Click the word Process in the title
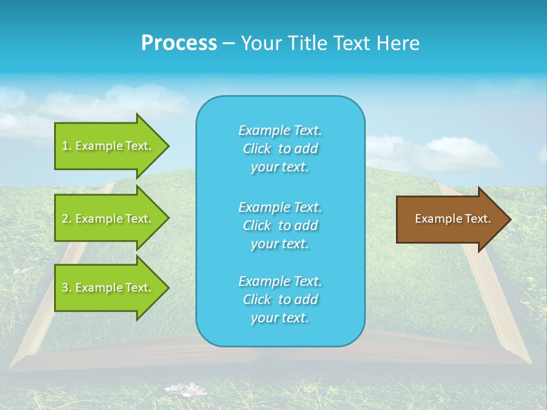(x=179, y=43)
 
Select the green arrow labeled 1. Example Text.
(x=108, y=146)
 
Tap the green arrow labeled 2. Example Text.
(x=108, y=219)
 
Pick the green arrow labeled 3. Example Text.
(x=108, y=288)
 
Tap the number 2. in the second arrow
(x=66, y=219)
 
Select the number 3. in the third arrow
(x=66, y=288)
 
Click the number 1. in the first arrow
(x=66, y=146)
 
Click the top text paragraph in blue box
(x=280, y=149)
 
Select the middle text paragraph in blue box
(x=280, y=225)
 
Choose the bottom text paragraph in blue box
(x=280, y=300)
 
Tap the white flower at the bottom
(x=194, y=390)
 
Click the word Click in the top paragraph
(x=257, y=149)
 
